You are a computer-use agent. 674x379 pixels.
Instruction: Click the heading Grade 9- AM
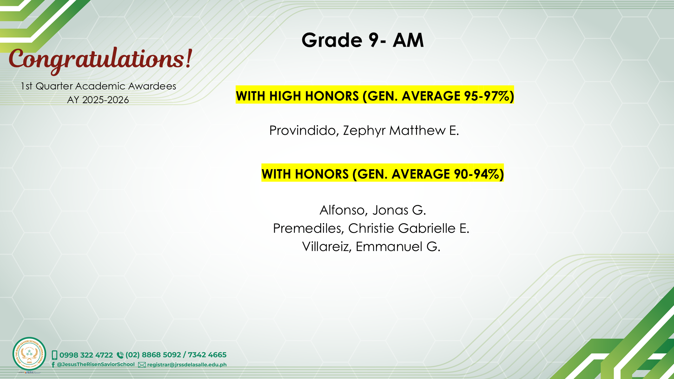point(363,40)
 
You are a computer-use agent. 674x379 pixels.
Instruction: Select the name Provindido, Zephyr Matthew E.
point(364,131)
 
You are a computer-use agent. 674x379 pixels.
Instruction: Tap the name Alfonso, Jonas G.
point(372,210)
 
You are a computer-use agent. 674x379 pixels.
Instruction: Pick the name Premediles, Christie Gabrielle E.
point(371,228)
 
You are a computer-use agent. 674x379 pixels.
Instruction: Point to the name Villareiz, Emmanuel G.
point(371,247)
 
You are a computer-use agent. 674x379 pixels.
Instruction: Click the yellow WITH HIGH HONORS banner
point(375,95)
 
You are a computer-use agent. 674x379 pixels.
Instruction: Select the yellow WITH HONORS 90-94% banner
point(383,173)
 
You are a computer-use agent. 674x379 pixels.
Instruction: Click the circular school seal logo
point(29,354)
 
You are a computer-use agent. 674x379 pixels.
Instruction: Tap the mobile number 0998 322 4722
point(86,355)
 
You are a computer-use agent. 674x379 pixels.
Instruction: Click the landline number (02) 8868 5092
point(153,355)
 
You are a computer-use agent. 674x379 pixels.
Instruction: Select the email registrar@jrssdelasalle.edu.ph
point(187,365)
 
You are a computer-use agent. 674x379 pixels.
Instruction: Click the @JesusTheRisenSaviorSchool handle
point(95,365)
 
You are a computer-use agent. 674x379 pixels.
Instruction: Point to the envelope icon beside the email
point(142,365)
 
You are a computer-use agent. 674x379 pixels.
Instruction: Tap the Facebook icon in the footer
point(53,365)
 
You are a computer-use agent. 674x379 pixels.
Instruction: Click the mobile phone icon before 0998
point(54,355)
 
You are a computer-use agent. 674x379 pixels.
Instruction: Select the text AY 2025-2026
point(98,100)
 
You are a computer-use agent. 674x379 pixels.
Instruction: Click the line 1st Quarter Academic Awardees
point(98,86)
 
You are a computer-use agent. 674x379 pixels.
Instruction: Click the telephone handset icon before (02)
point(120,355)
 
